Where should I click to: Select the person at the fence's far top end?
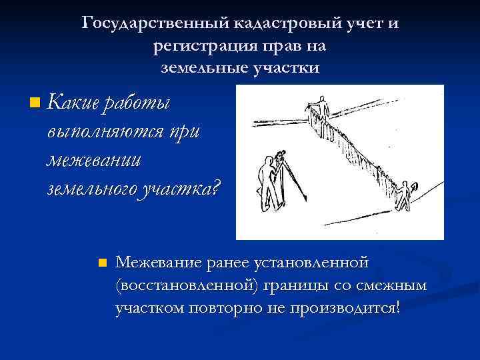pyautogui.click(x=323, y=106)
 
